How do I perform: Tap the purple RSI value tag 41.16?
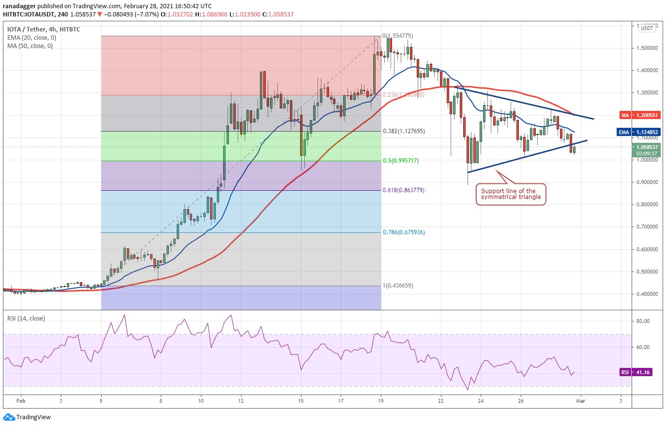point(635,372)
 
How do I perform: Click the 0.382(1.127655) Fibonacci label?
point(404,131)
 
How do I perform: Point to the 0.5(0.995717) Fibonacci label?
point(401,161)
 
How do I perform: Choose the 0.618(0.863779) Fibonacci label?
point(404,190)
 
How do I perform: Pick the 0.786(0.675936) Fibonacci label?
point(404,232)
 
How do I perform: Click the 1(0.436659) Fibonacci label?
point(398,286)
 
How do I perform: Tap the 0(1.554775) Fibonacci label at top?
point(398,36)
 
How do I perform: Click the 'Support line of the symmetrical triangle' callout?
point(511,194)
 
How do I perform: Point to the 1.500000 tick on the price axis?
point(646,48)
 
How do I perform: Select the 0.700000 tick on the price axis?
point(646,227)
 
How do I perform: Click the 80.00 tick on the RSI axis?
point(643,321)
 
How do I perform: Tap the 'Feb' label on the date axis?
point(20,401)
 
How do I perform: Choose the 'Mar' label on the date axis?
point(580,401)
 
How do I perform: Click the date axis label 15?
point(301,401)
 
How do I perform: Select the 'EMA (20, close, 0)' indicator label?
point(31,38)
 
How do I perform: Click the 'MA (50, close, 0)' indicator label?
point(30,46)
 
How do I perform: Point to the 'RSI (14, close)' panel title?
point(26,319)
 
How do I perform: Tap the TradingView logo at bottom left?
point(27,417)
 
